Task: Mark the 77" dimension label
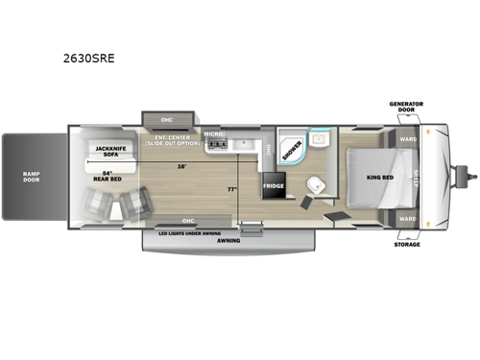point(230,189)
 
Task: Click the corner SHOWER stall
point(292,147)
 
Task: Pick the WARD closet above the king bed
point(407,139)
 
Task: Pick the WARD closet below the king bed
point(407,218)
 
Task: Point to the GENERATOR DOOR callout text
point(405,106)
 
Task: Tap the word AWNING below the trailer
point(228,241)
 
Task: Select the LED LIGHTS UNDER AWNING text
point(187,232)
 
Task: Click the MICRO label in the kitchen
point(213,134)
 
